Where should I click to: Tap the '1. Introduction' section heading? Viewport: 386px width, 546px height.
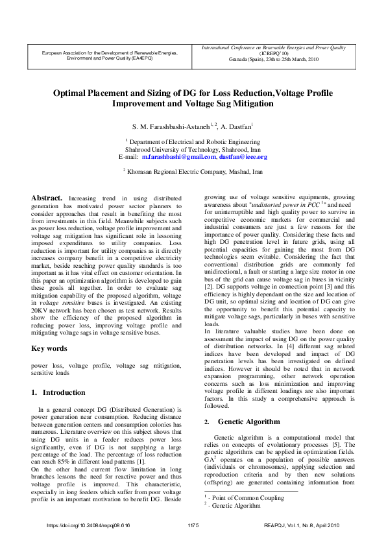tap(58, 392)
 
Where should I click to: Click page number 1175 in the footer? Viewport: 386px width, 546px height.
tap(193, 525)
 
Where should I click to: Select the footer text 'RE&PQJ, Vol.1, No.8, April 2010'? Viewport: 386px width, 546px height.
tap(302, 525)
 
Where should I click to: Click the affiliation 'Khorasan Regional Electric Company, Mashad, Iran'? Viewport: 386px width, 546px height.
tap(196, 171)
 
